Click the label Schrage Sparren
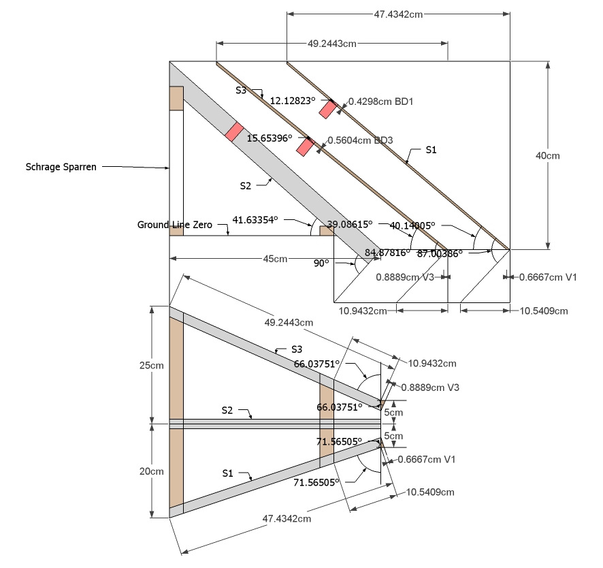click(61, 166)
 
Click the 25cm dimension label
click(152, 365)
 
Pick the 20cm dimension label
click(152, 471)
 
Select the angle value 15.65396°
click(270, 138)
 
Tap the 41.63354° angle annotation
click(255, 220)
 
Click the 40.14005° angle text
click(412, 225)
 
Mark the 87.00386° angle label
click(440, 253)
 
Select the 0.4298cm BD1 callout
click(381, 101)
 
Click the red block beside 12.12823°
click(328, 108)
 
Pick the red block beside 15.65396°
click(304, 146)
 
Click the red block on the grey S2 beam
click(234, 131)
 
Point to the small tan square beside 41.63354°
click(326, 231)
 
